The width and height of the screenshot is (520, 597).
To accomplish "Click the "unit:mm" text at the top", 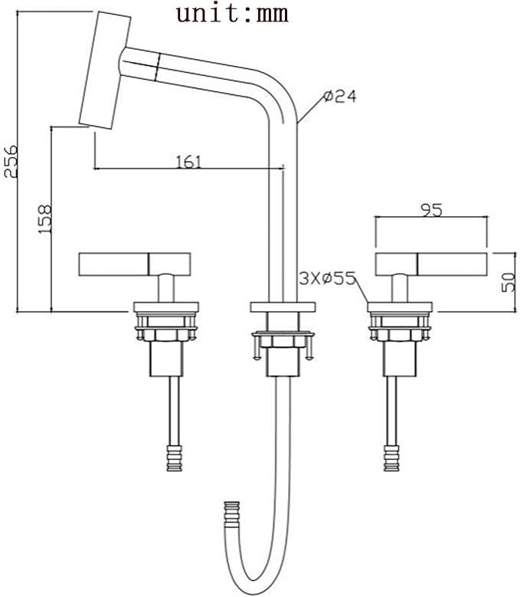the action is point(232,15).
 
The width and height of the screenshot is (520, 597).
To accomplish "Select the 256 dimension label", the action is point(11,161).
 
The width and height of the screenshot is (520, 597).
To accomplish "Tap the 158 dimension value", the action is point(44,220).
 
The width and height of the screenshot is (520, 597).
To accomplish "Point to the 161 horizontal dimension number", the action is point(188,162).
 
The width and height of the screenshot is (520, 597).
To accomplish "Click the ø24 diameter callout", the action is point(340,97).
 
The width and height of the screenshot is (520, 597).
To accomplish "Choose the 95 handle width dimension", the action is point(431,210).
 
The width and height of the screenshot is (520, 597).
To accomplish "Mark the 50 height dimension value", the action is point(509,282).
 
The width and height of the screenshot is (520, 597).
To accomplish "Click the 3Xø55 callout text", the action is point(327,279).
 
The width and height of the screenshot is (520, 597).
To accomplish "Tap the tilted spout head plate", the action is point(105,71).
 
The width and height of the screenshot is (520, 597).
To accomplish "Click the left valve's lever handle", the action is point(135,264).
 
